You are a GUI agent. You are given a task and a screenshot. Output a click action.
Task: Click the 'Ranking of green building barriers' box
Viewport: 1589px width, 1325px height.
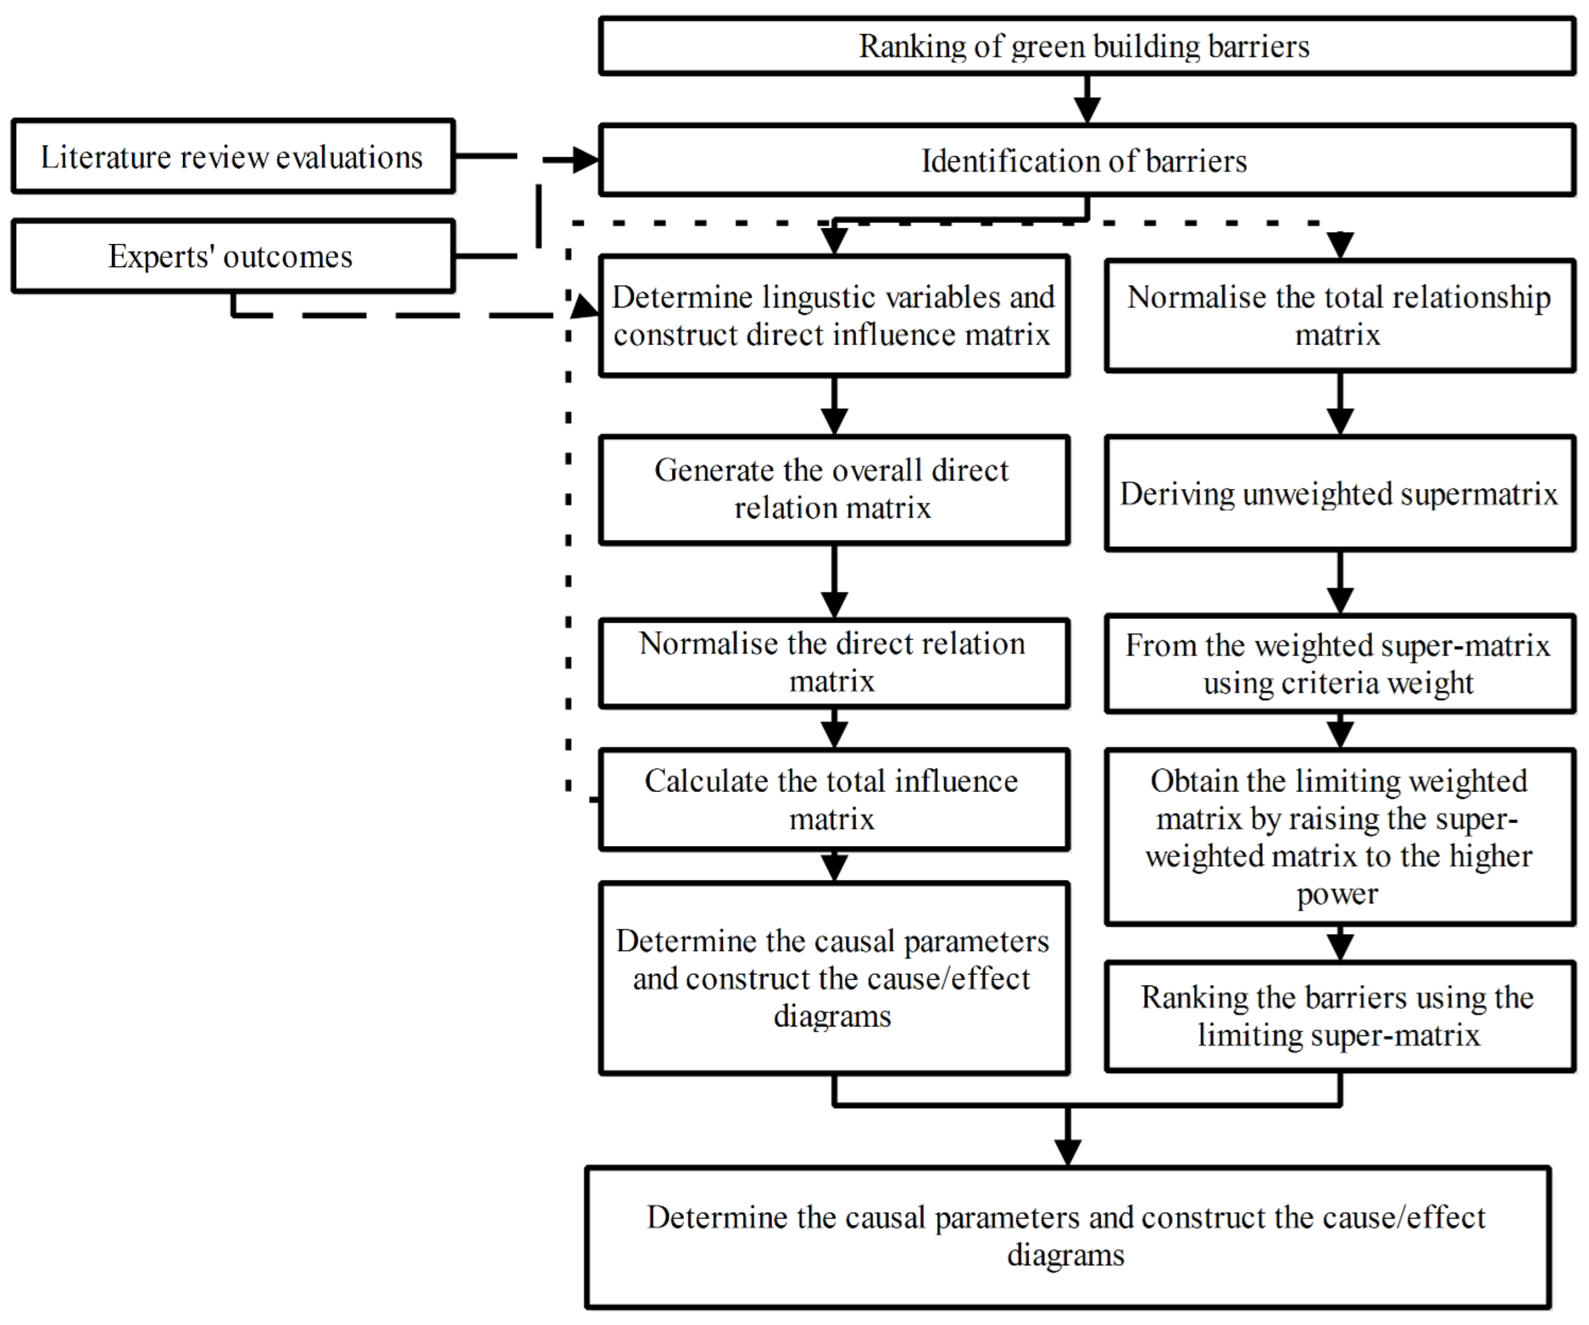click(1087, 47)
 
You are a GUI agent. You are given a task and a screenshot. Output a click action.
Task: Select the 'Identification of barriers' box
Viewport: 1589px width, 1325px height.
click(1087, 161)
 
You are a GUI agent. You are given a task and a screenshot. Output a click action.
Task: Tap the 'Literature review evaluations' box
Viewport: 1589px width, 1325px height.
click(232, 157)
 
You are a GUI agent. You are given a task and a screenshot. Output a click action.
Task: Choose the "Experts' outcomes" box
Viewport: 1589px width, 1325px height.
click(232, 256)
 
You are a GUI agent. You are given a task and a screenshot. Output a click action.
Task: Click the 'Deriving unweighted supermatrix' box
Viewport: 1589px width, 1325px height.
click(1339, 494)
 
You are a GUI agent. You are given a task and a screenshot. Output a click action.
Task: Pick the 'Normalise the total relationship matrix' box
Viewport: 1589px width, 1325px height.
click(1339, 316)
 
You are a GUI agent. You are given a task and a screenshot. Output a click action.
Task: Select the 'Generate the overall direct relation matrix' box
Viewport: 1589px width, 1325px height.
click(833, 489)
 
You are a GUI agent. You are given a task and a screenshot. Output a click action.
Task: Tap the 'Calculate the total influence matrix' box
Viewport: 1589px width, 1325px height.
click(833, 799)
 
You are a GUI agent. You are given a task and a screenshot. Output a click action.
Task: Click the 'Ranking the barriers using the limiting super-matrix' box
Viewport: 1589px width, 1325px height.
click(1339, 1016)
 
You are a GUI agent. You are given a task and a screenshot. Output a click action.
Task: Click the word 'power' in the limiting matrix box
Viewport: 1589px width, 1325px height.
click(1337, 894)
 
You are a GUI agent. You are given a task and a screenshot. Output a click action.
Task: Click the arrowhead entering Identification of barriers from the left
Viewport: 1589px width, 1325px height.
click(584, 159)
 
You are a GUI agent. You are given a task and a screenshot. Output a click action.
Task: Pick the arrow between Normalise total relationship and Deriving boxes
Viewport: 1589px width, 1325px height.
click(1340, 404)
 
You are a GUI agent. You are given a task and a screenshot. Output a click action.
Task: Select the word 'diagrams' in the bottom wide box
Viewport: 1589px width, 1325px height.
click(1065, 1255)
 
